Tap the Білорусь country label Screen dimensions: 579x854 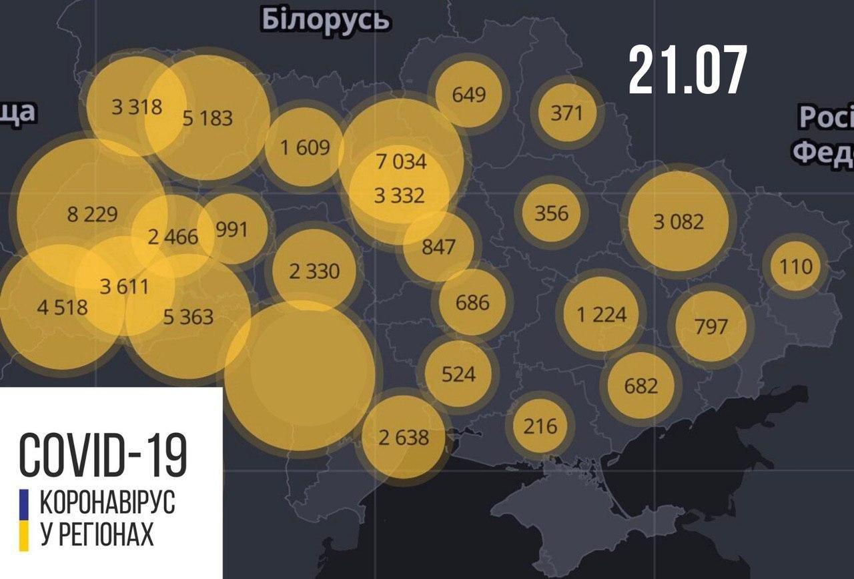(x=325, y=20)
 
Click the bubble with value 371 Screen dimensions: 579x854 (x=566, y=113)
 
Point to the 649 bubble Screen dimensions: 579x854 (x=468, y=94)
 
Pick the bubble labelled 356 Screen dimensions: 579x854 (x=552, y=213)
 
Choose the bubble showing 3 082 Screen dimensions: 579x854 (x=678, y=221)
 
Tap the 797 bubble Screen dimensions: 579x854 (x=711, y=327)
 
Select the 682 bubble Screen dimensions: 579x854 (x=641, y=386)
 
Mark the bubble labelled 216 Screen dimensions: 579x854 (x=540, y=425)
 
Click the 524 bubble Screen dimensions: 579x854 (x=458, y=374)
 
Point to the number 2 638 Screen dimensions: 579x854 (x=403, y=438)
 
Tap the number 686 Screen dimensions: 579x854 (x=472, y=302)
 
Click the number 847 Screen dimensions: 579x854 (x=438, y=247)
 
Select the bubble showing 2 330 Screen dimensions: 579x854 (x=314, y=271)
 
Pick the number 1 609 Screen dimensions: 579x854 (x=305, y=147)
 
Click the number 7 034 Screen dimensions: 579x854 (x=401, y=161)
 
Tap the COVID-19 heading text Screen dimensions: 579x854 (x=103, y=454)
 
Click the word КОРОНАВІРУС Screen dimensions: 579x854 (x=107, y=502)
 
